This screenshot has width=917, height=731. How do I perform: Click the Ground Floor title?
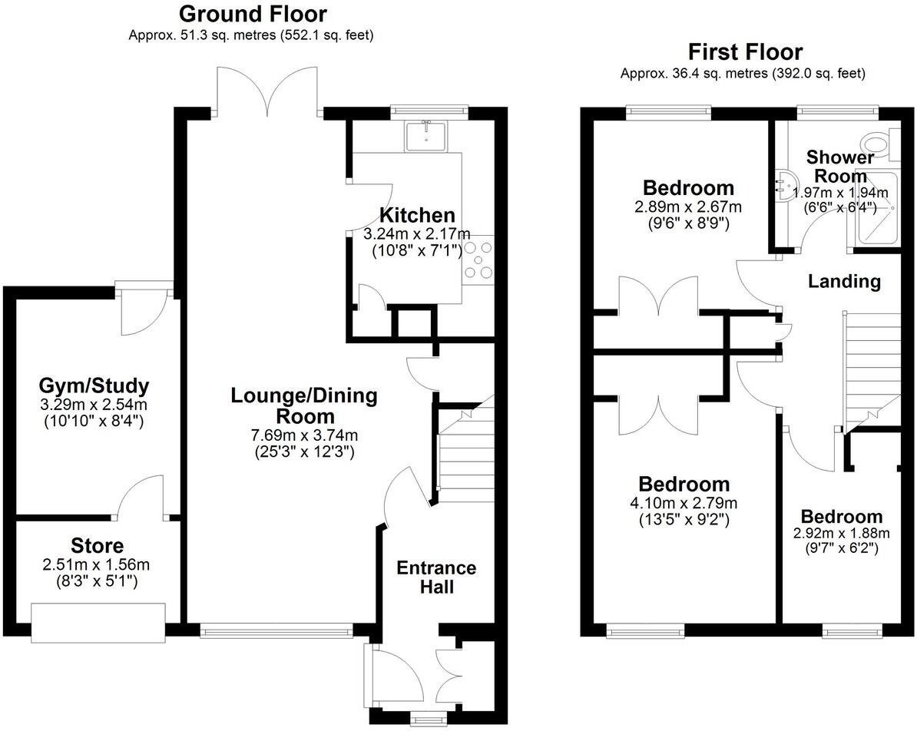coord(252,14)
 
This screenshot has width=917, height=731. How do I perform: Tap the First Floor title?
coord(745,52)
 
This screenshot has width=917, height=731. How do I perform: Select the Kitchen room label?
coord(418,216)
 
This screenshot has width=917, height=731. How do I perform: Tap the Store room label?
coord(97,546)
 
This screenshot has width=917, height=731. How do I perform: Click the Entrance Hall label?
coord(436,577)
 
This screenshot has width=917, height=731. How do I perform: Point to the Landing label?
coord(844,281)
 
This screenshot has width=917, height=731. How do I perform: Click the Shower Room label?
coord(840,167)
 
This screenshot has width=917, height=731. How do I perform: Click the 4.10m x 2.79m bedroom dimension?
coord(684,504)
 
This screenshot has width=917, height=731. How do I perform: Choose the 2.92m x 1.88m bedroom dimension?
coord(841,534)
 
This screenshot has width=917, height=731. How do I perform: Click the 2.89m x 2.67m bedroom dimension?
coord(688,207)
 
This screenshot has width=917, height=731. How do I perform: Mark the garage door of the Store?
coord(98,622)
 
